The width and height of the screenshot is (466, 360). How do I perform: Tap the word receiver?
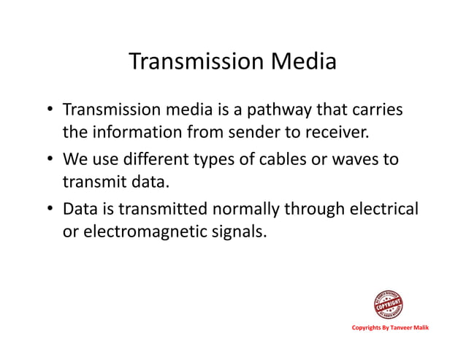click(333, 134)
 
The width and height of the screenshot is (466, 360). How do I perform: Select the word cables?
click(287, 159)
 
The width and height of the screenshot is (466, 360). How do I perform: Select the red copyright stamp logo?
click(388, 305)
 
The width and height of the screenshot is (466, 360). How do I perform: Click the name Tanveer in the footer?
click(402, 328)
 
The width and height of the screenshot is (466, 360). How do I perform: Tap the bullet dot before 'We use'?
click(48, 159)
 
